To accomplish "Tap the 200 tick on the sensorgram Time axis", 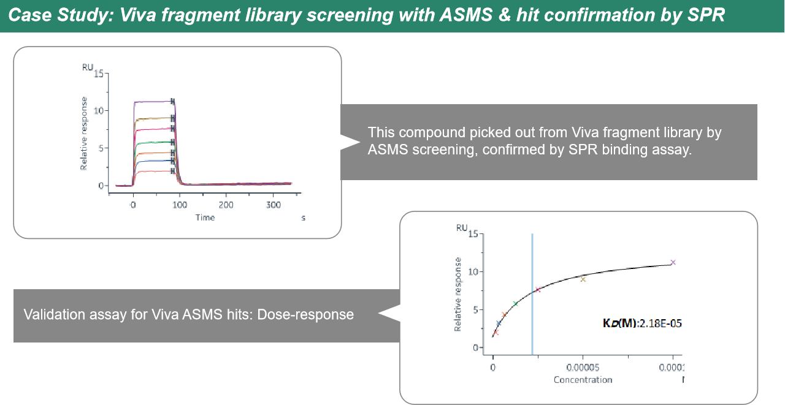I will click(226, 205).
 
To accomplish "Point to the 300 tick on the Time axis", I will click(274, 205).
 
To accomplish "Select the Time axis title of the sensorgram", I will click(205, 218).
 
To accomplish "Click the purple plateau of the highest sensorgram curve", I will click(153, 102).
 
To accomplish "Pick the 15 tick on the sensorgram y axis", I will click(99, 74).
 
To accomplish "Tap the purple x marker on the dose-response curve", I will click(673, 262).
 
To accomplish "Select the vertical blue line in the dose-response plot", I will click(532, 294).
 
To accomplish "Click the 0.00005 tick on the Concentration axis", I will click(583, 367).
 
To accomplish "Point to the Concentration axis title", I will click(583, 379).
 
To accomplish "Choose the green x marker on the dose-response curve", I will click(515, 303).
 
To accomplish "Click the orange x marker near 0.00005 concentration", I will click(583, 279).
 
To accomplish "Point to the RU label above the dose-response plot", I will click(461, 228).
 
